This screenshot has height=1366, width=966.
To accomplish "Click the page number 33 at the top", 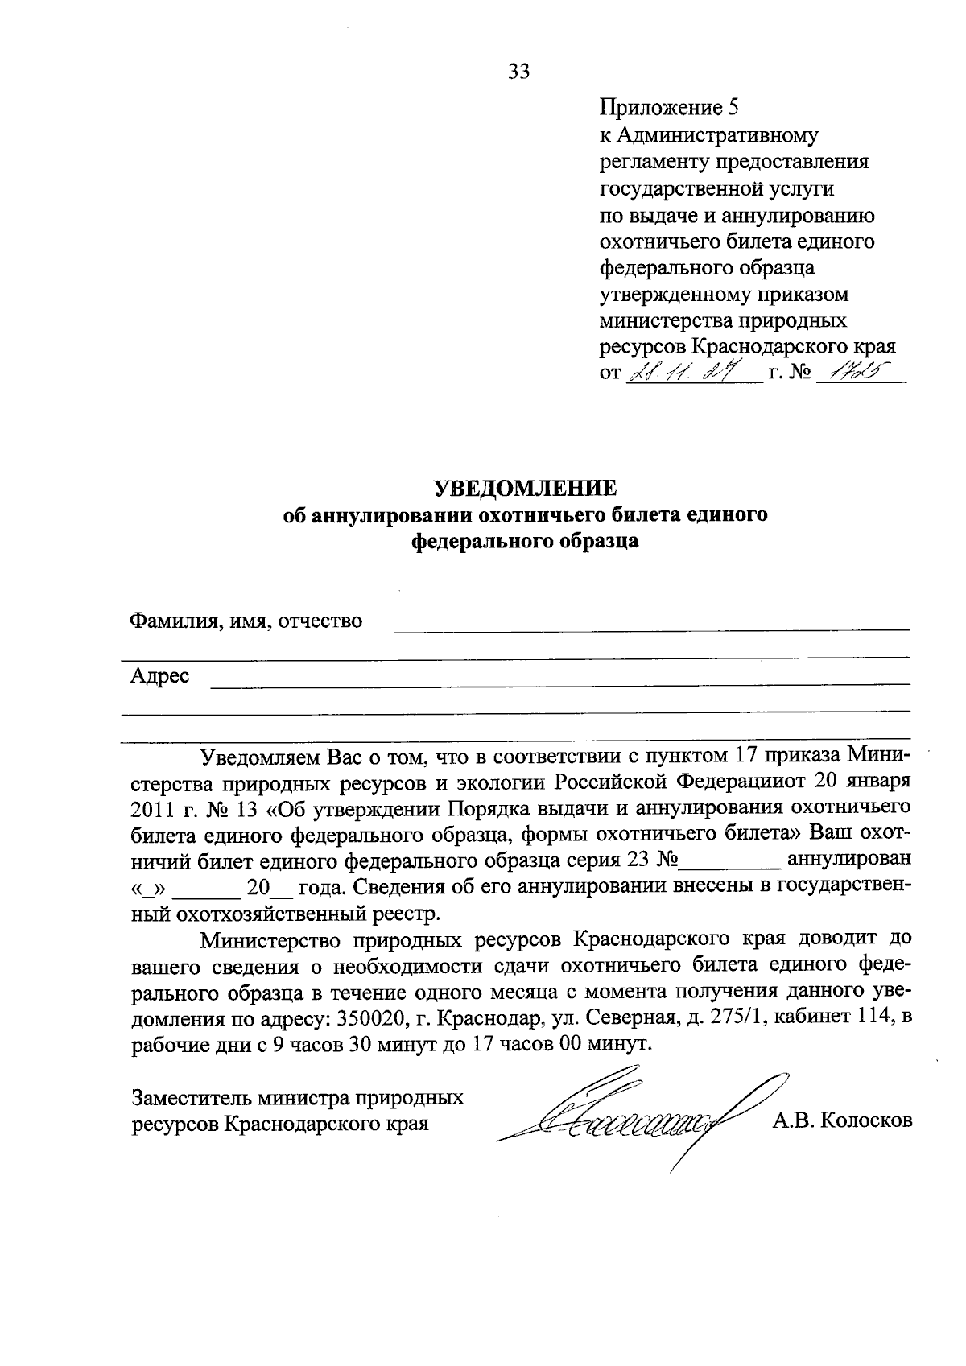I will pos(519,72).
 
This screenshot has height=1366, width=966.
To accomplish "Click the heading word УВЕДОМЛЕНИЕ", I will pos(525,489).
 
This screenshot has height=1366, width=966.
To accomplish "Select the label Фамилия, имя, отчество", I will pos(246,621).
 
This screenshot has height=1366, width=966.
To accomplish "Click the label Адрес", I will pos(160,676).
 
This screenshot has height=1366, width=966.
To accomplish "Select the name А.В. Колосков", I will pos(842,1120).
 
